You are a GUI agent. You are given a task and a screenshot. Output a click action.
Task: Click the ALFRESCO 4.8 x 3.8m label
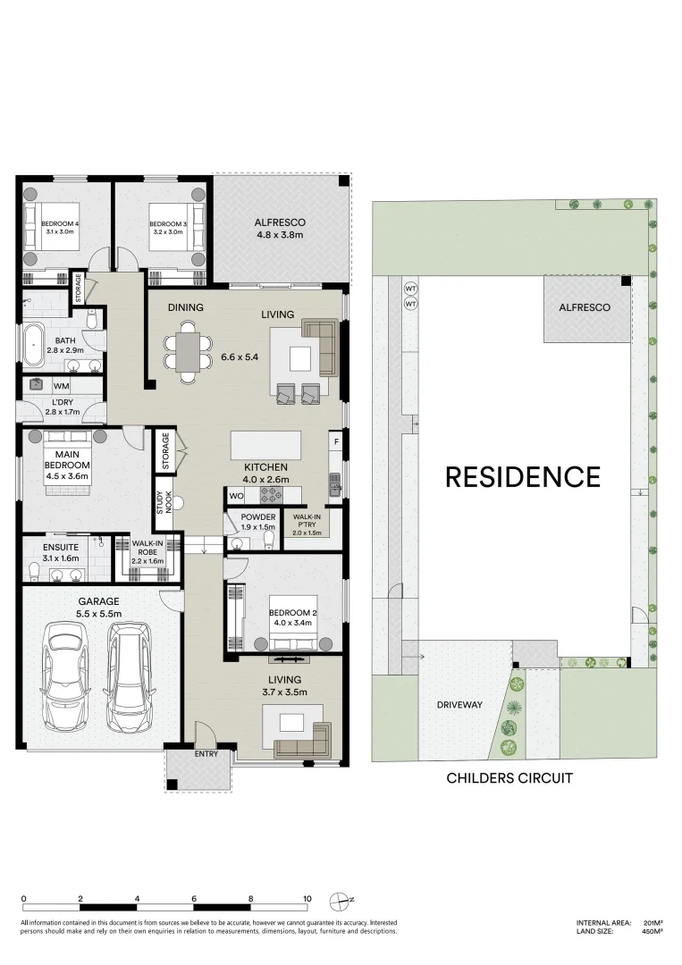(280, 229)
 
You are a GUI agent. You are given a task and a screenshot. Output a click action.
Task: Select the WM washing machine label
(62, 386)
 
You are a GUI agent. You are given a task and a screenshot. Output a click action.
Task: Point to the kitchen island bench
(265, 444)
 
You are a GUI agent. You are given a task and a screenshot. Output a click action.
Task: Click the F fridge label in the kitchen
(336, 441)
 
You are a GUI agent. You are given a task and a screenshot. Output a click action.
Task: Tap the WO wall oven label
(237, 495)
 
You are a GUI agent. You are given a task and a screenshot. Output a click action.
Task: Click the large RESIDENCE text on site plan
(523, 477)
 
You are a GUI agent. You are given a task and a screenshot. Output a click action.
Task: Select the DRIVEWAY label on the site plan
(459, 705)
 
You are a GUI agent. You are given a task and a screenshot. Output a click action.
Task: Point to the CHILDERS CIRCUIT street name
(509, 778)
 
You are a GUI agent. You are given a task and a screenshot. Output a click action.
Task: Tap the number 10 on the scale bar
(307, 899)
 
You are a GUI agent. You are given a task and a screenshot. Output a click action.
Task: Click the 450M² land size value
(652, 931)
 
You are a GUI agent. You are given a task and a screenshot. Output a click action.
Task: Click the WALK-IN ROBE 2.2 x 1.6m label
(147, 551)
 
